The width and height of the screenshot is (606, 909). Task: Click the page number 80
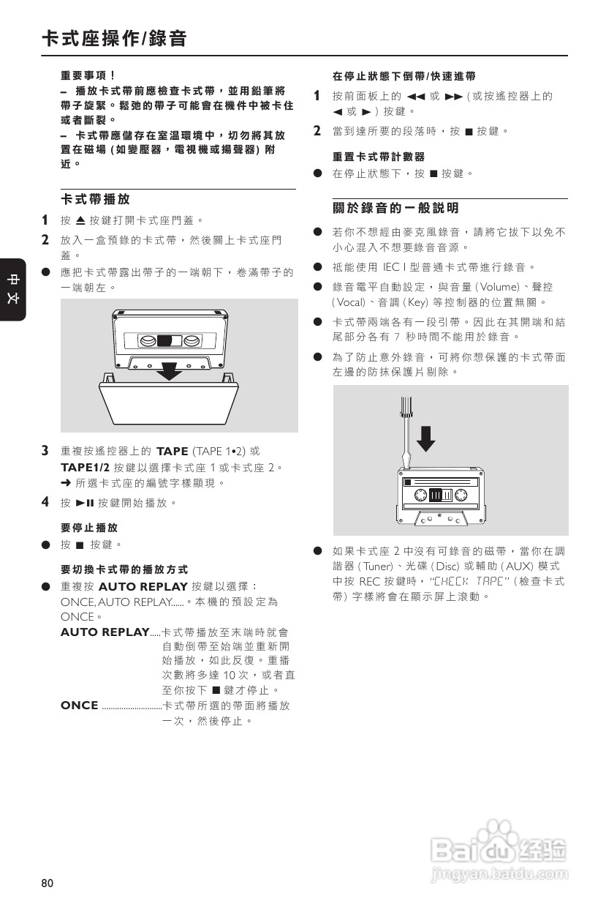point(48,883)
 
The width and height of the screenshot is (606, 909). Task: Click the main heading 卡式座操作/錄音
point(114,39)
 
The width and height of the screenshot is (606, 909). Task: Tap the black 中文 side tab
point(13,290)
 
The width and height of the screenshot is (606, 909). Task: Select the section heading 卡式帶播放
point(95,199)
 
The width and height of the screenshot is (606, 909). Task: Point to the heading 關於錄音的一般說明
point(395,209)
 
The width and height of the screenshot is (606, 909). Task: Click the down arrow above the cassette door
point(170,370)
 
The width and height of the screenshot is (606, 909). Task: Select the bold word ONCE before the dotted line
point(80,705)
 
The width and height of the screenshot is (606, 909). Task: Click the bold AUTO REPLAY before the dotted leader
point(105,632)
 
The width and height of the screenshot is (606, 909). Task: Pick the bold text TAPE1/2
point(85,467)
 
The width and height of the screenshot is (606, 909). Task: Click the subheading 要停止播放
point(88,528)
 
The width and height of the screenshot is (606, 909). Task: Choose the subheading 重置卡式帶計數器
point(378,157)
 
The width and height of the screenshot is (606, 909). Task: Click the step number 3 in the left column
point(45,450)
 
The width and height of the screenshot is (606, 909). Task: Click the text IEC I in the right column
point(408,267)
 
